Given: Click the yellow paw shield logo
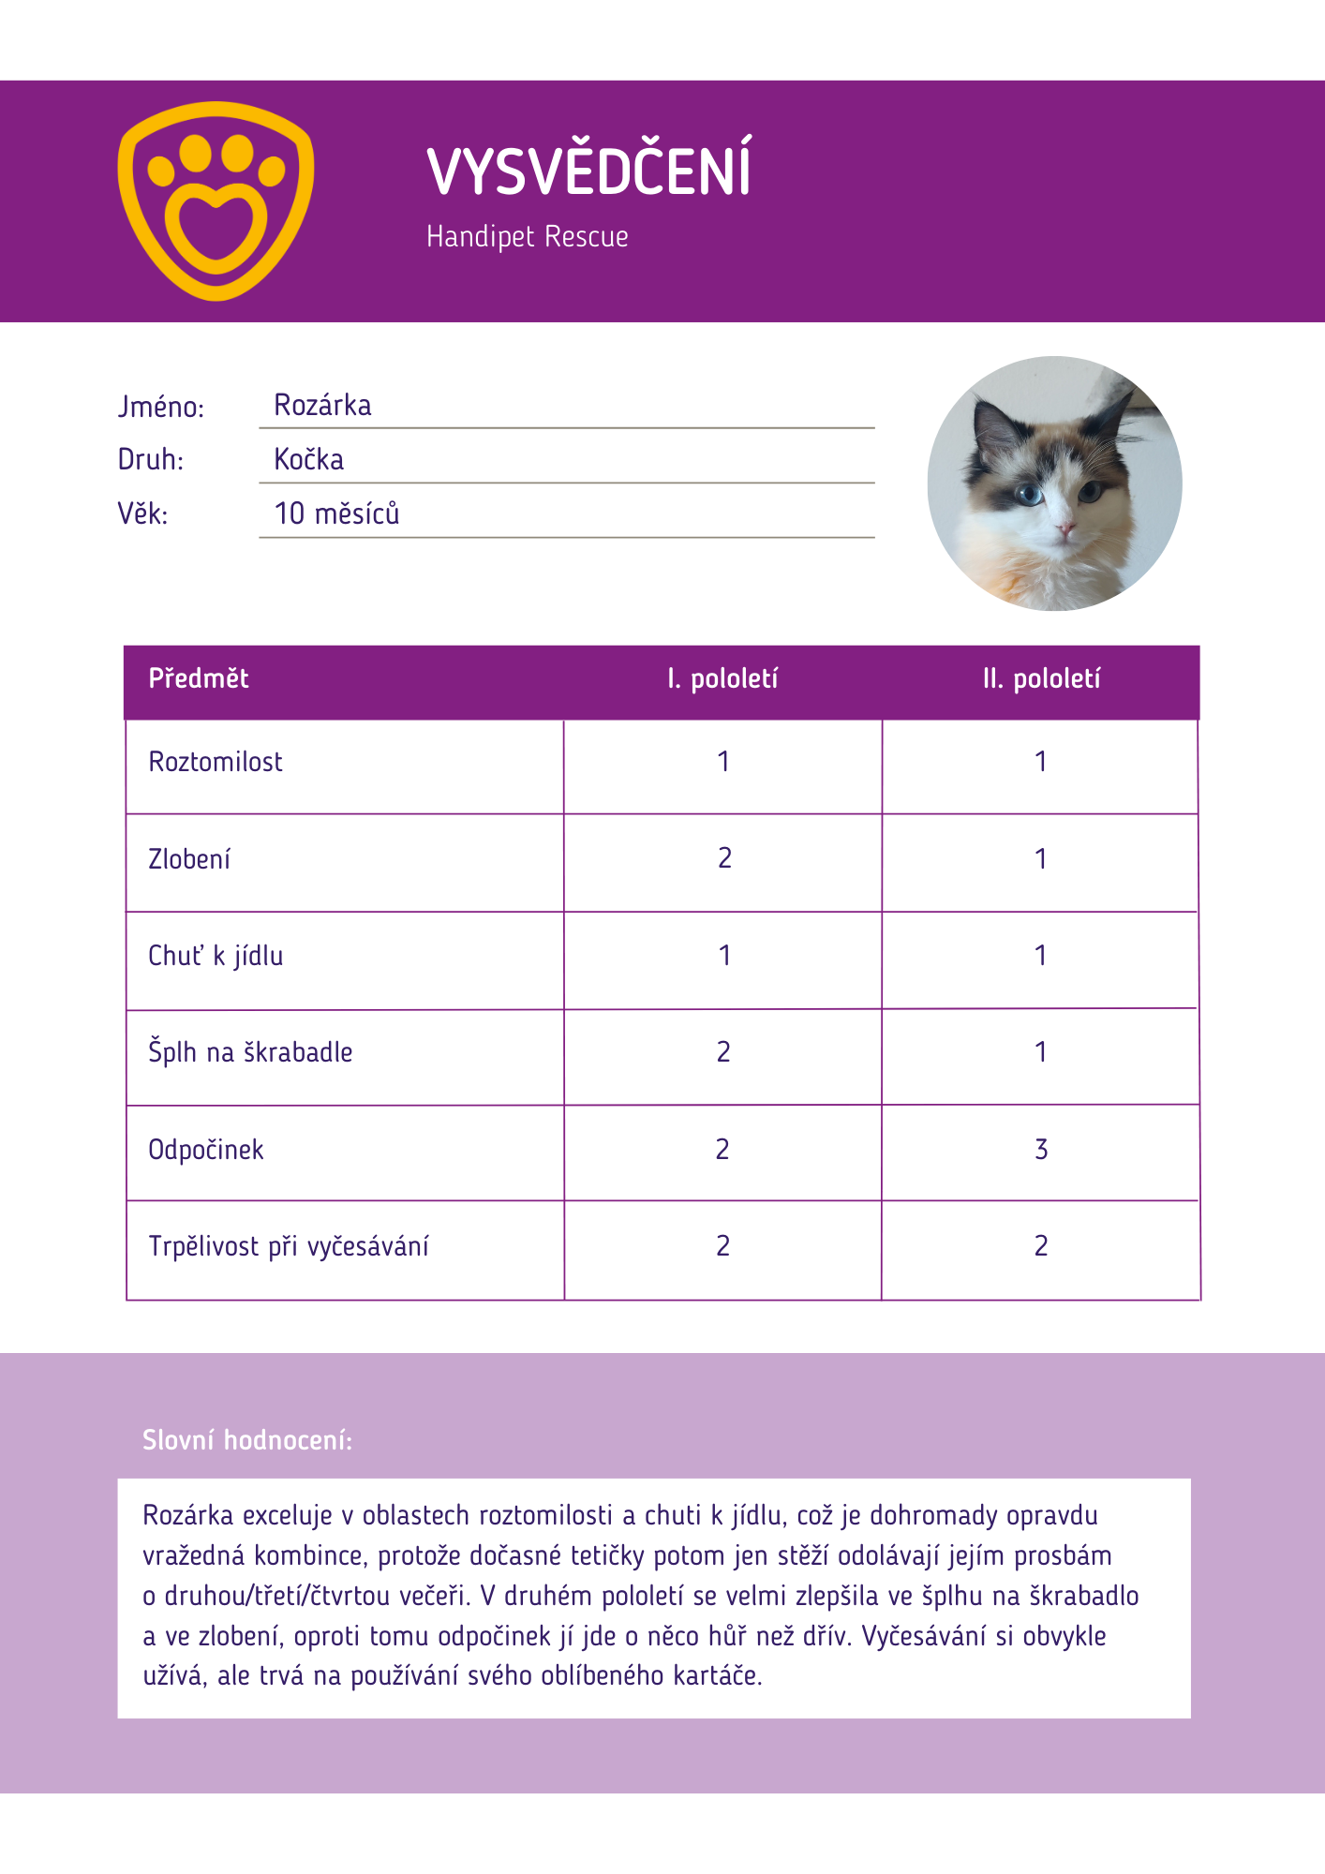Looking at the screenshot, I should tap(216, 201).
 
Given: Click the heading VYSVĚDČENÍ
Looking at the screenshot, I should tap(588, 171).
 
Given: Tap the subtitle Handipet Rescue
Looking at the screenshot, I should tap(527, 236).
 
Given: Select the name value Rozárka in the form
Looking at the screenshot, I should tap(322, 405).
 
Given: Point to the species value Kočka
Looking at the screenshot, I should tap(308, 459).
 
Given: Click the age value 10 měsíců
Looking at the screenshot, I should tap(336, 513).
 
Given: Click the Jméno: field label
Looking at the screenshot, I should tap(160, 407).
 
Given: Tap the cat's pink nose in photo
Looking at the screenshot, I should tap(1065, 530).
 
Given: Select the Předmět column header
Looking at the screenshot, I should tap(199, 678).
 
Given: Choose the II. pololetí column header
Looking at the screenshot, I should tap(1041, 678).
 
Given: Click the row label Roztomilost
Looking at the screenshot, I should tap(216, 762).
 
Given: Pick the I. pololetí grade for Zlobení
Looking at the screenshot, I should tap(724, 858).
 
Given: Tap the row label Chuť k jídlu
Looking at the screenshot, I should tap(216, 956).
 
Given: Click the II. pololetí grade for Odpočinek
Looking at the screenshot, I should tap(1041, 1150).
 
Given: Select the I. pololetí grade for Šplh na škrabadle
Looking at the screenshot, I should tap(723, 1052).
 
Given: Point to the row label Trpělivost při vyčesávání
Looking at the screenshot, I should tap(289, 1246).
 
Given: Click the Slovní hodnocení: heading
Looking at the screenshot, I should tap(247, 1440).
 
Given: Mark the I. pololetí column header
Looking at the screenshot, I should tap(722, 678).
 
